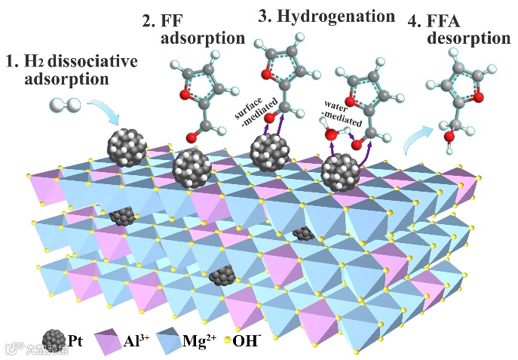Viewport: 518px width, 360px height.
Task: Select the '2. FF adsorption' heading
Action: [192, 29]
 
